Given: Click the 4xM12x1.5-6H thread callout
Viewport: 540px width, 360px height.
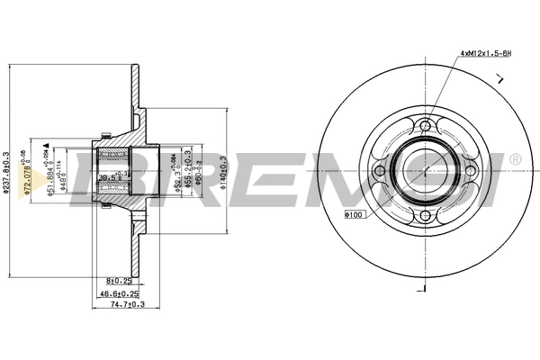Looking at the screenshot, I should coord(486,53).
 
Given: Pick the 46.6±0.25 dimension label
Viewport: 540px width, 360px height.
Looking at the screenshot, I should coord(118,293).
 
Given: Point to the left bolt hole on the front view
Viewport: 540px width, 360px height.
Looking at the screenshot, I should coord(380,171).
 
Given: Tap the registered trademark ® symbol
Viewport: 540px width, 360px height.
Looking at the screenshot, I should coord(515,158).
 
